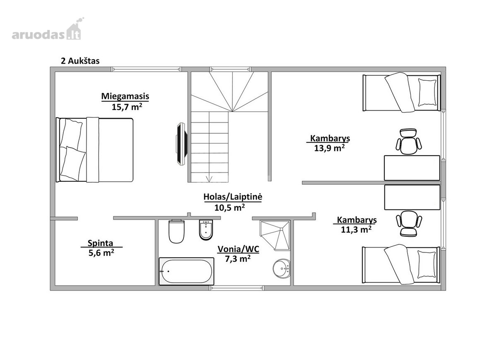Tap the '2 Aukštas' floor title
point(80,61)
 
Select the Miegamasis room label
point(125,96)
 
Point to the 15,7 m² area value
point(127,107)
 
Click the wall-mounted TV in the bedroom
point(181,144)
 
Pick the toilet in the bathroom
point(176,231)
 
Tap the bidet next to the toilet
point(206,230)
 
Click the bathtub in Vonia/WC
point(186,271)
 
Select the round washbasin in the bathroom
point(281,269)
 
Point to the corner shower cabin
point(275,235)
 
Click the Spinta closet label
point(100,243)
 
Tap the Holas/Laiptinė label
point(233,197)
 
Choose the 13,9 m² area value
point(329,148)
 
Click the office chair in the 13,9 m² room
point(409,142)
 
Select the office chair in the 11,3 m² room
point(409,224)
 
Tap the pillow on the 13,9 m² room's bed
point(427,92)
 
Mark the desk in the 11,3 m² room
point(412,197)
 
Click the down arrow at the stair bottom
point(209,178)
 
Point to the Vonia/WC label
point(238,249)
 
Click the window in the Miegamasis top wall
point(146,69)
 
